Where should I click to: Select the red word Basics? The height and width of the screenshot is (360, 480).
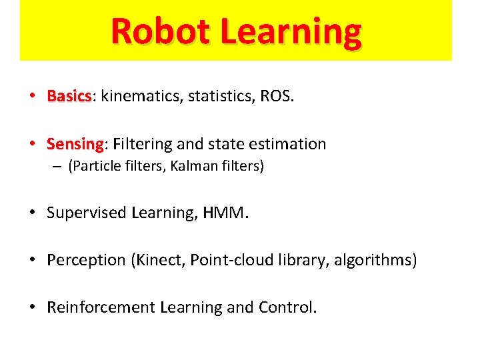pos(69,97)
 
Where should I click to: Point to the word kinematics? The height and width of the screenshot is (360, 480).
pos(139,97)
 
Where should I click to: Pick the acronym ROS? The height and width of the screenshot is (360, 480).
pos(275,97)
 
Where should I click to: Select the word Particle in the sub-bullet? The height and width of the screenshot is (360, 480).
pos(93,167)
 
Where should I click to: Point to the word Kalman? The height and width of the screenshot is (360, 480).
pos(191,167)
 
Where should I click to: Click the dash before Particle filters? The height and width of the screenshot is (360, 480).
pos(58,167)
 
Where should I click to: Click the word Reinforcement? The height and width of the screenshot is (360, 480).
pos(101,307)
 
